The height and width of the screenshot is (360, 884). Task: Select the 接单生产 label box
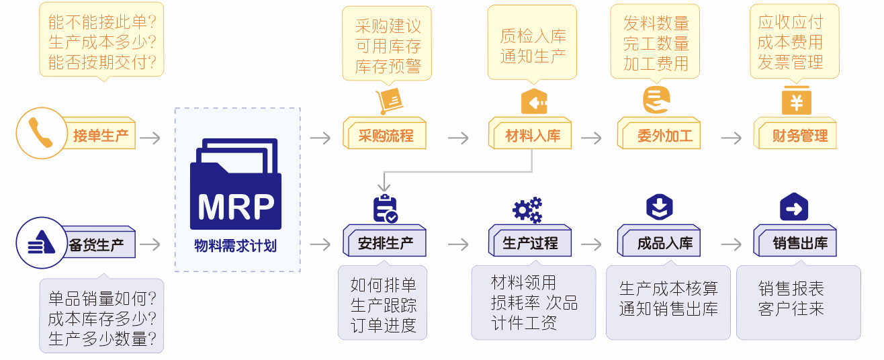(101, 136)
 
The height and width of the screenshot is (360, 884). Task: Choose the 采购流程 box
(386, 136)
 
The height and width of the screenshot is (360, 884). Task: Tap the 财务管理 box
(797, 136)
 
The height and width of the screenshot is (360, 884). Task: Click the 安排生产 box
(386, 242)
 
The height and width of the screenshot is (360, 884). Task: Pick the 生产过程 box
(530, 242)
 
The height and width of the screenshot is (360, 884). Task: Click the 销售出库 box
(797, 242)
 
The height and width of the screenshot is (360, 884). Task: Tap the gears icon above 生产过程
(527, 210)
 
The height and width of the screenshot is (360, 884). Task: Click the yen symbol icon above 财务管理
(797, 101)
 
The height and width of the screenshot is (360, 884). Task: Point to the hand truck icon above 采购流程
(388, 101)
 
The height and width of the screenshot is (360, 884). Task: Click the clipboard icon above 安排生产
(385, 209)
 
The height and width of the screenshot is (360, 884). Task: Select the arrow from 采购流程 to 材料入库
(458, 138)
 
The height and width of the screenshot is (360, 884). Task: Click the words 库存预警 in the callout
(388, 65)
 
